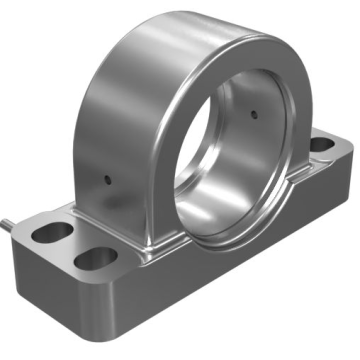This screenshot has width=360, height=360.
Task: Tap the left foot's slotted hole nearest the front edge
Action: point(95,259)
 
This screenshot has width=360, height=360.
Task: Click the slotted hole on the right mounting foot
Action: point(322,145)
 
